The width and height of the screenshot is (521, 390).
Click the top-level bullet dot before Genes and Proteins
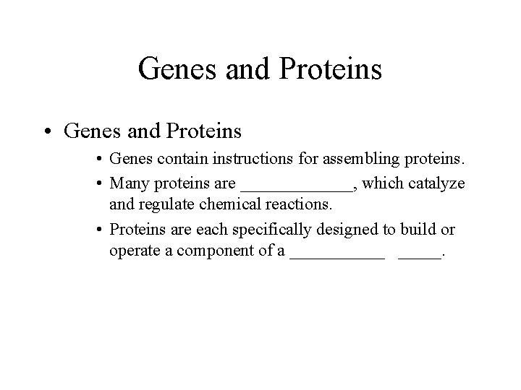coord(47,131)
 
